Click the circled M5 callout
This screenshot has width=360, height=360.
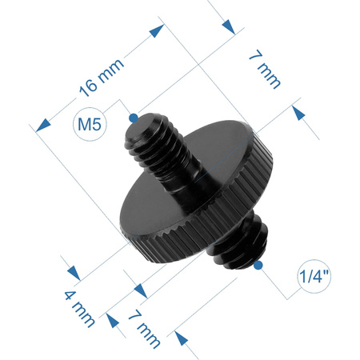(90, 124)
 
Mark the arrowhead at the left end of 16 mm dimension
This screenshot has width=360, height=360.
(41, 126)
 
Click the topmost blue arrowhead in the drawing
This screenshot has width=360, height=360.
(228, 26)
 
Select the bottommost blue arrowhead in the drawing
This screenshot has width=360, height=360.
(188, 349)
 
